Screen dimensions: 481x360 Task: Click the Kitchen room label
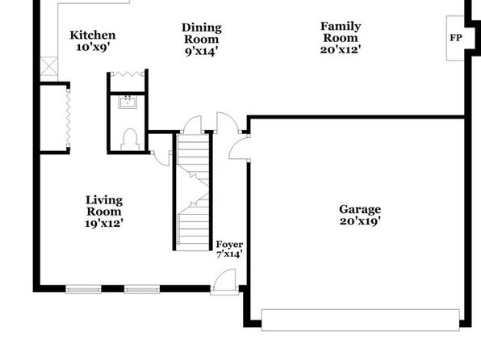tap(93, 36)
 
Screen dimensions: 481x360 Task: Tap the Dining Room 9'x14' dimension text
tap(202, 51)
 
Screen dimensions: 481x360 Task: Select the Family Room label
tap(341, 32)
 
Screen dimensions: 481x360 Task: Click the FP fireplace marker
tap(456, 38)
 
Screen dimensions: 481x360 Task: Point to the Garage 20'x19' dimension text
tap(360, 221)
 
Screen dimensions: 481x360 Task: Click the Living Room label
tap(104, 206)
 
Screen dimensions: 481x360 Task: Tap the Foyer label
tap(229, 245)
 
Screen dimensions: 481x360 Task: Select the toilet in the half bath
tap(130, 140)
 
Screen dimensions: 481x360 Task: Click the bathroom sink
tap(128, 102)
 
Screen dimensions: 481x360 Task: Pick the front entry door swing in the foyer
tap(225, 279)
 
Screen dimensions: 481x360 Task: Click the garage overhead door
tap(360, 320)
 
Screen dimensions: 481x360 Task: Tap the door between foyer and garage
tap(239, 149)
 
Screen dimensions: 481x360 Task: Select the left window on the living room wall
tap(83, 289)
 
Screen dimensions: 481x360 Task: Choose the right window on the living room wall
tap(142, 289)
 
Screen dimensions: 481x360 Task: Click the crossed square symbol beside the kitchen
tap(49, 66)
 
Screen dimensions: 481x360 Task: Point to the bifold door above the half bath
tap(128, 73)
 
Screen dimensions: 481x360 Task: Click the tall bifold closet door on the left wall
tap(69, 118)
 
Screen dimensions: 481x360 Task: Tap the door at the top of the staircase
tap(192, 124)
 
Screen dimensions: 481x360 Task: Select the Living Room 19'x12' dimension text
tap(104, 224)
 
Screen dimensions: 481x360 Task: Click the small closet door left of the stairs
tap(161, 158)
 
